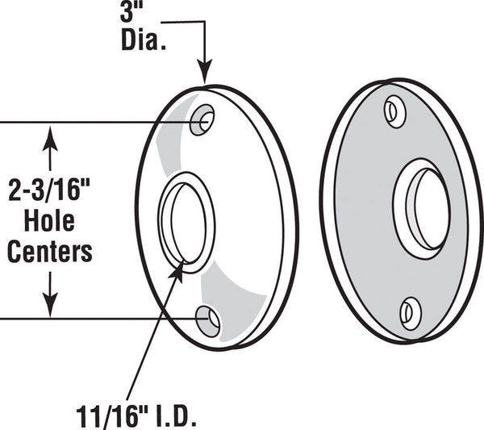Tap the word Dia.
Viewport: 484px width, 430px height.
click(x=144, y=40)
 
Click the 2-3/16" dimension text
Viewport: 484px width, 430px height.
click(x=49, y=190)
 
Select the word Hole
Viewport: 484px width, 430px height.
click(x=49, y=221)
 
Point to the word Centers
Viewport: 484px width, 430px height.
click(x=50, y=252)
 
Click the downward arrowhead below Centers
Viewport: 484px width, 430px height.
click(x=50, y=305)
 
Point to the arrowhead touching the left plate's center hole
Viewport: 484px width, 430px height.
click(x=177, y=270)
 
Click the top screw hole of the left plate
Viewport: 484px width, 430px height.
click(x=202, y=119)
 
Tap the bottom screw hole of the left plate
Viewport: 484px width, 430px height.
click(x=208, y=321)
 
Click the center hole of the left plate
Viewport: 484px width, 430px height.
click(x=187, y=223)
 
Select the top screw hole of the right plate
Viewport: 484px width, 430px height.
click(x=394, y=112)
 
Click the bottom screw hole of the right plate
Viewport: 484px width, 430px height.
click(x=411, y=314)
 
